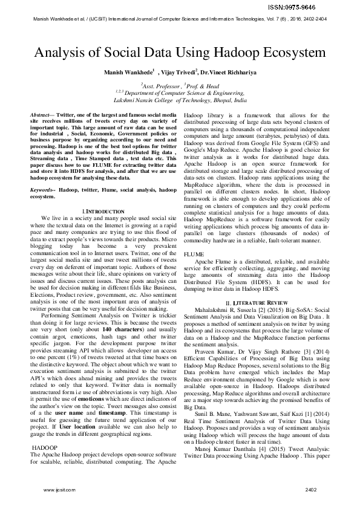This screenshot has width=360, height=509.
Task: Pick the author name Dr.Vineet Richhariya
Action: [238, 72]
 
